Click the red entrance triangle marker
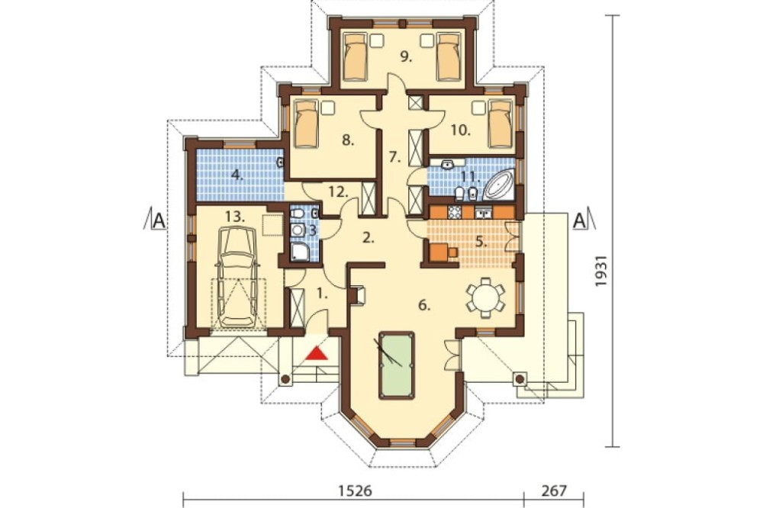coord(317,352)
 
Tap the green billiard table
coord(397,365)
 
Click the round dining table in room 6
coord(485,297)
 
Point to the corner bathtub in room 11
coord(499,184)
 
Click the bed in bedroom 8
coord(307,123)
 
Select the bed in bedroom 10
coord(501,123)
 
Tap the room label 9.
coord(406,57)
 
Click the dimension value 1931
coord(603,271)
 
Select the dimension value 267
coord(554,490)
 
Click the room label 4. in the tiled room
coord(237,175)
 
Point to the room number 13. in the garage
coord(235,216)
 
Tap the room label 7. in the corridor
coord(394,157)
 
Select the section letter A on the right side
coord(579,220)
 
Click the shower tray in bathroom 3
coord(299,252)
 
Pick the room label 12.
coord(338,191)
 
